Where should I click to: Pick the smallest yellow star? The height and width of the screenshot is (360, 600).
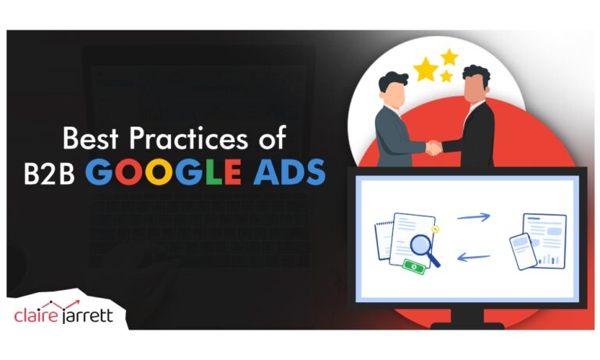coord(446,77)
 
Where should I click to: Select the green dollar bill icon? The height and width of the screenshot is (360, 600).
coord(413,267)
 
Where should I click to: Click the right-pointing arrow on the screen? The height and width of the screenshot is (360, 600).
coord(473,216)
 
